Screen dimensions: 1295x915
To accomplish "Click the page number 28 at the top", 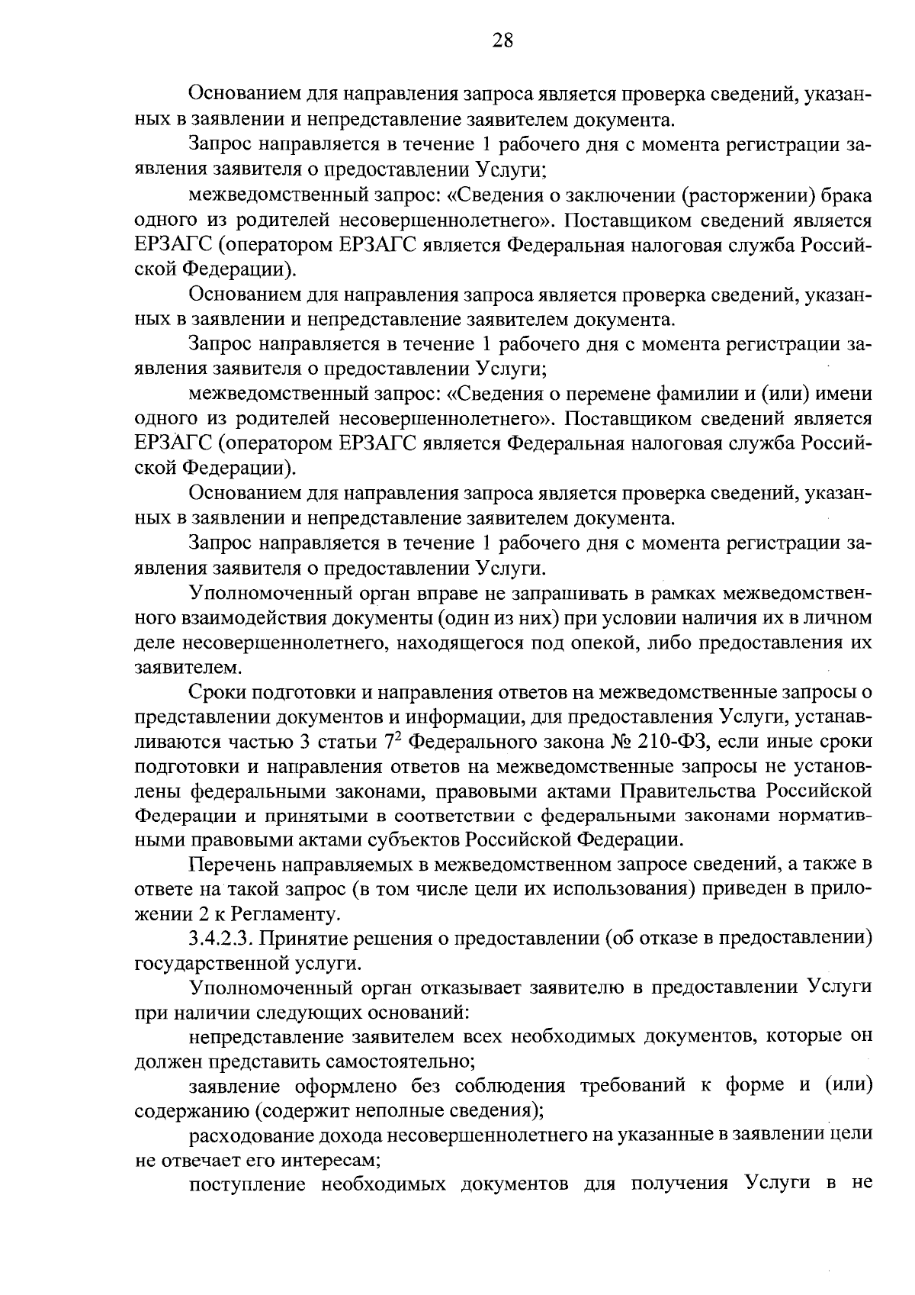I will pos(502,40).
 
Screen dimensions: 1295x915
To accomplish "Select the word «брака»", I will pos(846,196).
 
